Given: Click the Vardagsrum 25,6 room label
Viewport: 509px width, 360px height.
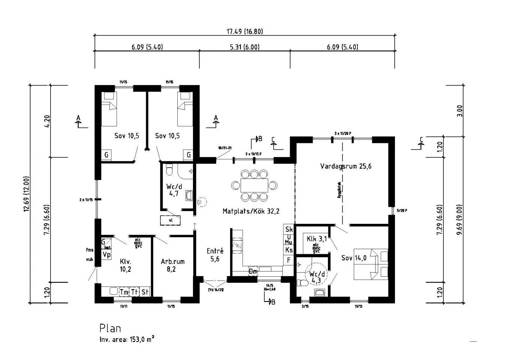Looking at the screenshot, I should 346,166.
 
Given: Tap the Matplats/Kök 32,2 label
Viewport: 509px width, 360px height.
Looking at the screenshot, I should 251,211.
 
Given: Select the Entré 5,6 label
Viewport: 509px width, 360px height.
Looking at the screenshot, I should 215,255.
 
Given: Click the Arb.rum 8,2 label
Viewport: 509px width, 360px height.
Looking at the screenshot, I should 172,265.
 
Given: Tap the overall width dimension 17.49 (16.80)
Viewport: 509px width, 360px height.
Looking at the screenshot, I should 244,31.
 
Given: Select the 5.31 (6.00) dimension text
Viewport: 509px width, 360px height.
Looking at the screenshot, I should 244,47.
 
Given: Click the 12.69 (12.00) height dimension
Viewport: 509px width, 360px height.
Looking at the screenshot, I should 26,194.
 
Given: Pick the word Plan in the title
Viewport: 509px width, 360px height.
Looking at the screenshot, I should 110,328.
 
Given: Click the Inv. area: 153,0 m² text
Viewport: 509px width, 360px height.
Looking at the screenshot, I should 127,340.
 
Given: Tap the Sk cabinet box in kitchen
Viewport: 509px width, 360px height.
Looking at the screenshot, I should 289,229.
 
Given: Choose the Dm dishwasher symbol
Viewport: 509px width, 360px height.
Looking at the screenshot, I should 253,271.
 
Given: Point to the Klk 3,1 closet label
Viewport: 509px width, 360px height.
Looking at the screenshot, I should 317,238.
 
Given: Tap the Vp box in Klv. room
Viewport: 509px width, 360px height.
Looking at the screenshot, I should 106,255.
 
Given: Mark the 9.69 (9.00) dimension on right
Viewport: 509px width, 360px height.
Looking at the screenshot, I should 460,219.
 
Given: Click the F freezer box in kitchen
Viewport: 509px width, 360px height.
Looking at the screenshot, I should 289,260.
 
